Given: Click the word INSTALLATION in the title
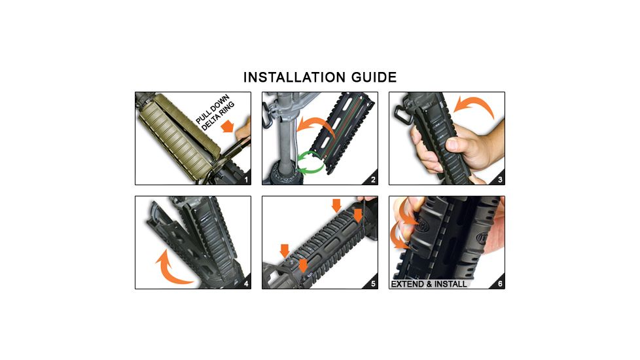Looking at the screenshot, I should click(x=292, y=77).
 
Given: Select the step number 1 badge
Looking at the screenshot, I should click(x=245, y=179).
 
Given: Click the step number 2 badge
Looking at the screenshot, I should click(x=372, y=179).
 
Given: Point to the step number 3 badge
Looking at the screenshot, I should click(x=499, y=179).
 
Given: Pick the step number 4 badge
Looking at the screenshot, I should click(x=245, y=283).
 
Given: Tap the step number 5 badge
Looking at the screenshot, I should click(x=372, y=283).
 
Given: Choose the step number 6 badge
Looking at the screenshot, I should click(x=499, y=283).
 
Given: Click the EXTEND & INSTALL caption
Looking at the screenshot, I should click(x=429, y=284).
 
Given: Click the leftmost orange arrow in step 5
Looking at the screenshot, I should click(x=284, y=249).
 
